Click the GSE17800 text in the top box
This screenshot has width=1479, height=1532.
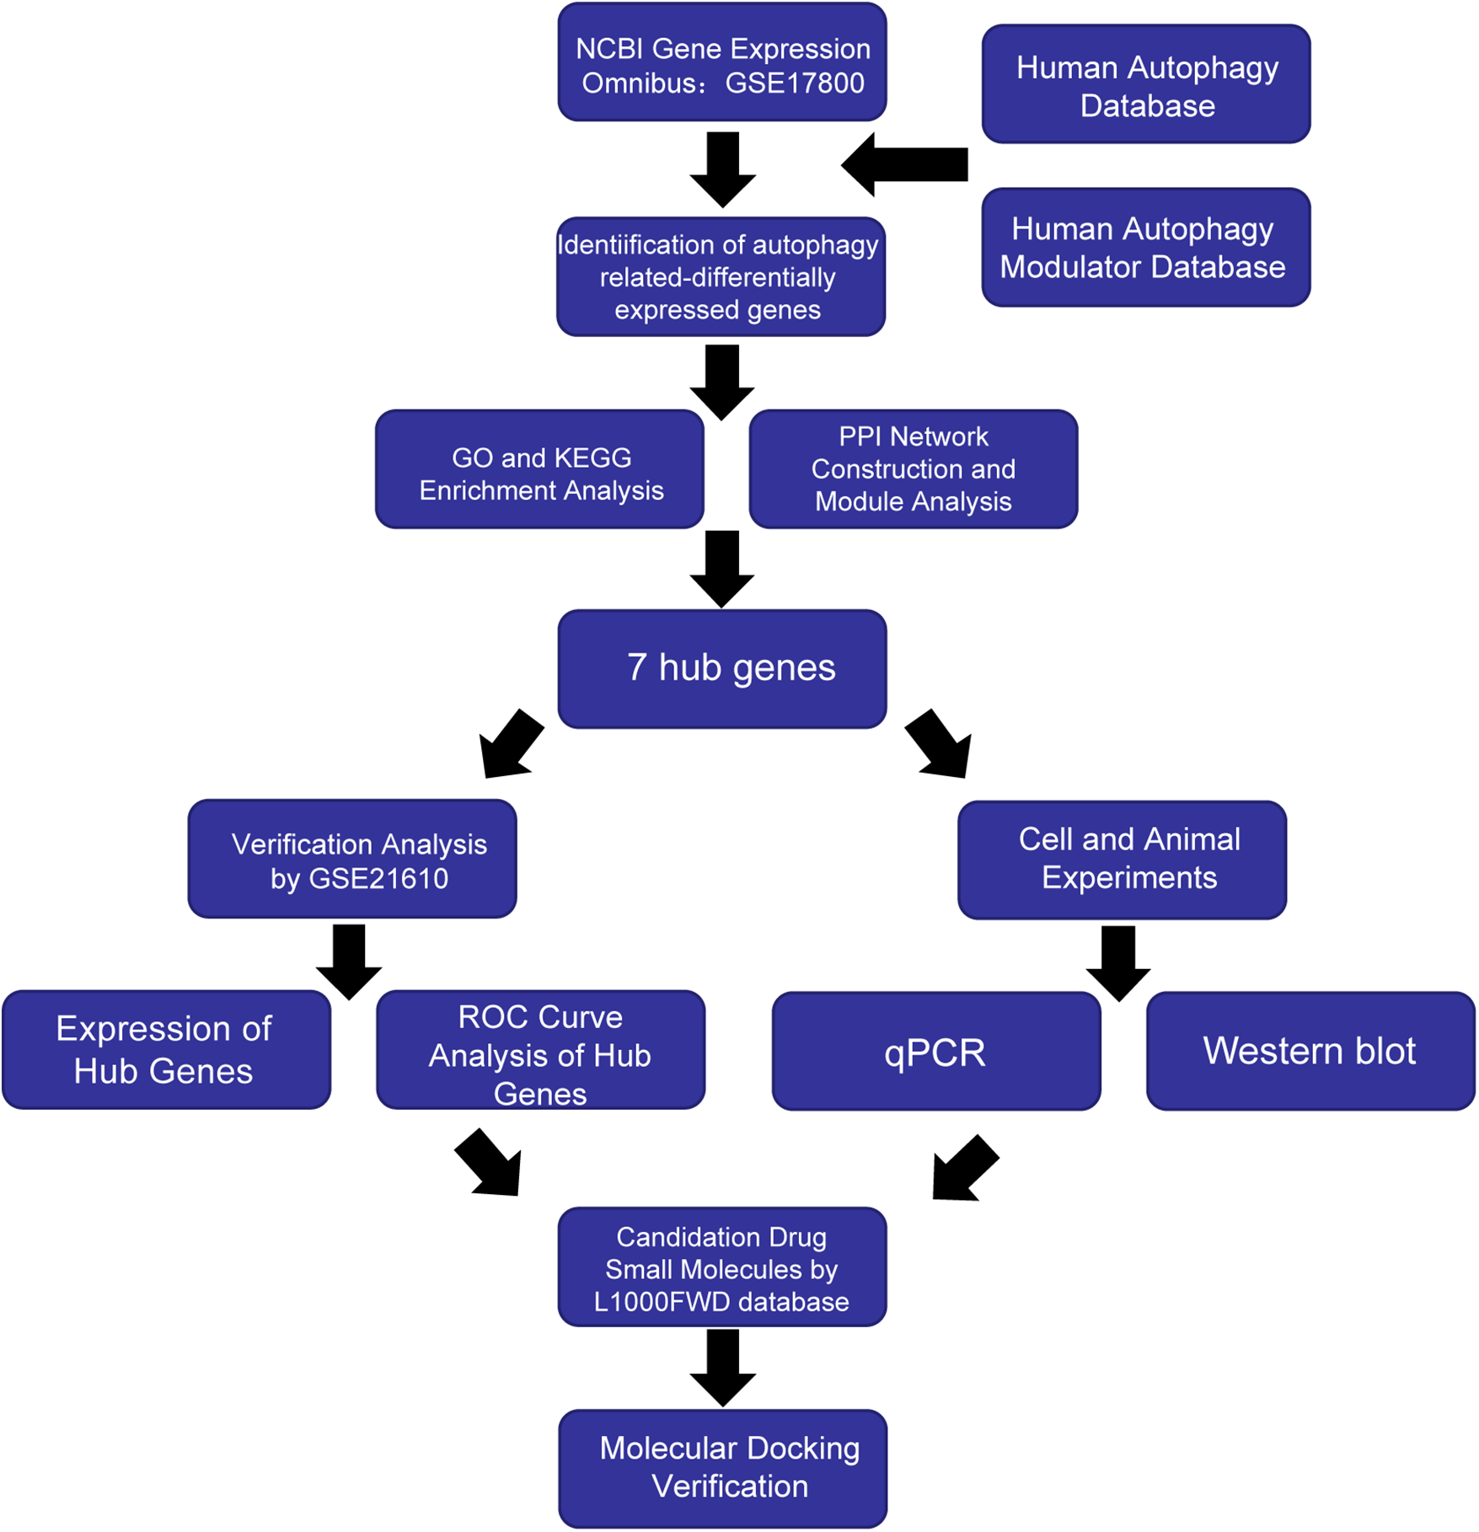pyautogui.click(x=795, y=83)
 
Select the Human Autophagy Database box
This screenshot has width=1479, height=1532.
pyautogui.click(x=1146, y=84)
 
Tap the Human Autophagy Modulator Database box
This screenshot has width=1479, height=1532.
pyautogui.click(x=1146, y=248)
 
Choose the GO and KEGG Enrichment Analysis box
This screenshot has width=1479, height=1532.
pyautogui.click(x=540, y=470)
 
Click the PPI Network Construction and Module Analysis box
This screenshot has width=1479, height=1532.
pyautogui.click(x=914, y=470)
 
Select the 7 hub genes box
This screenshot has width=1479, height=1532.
pyautogui.click(x=722, y=669)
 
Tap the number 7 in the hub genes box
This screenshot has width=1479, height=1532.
pyautogui.click(x=637, y=668)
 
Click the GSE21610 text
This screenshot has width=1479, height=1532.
pyautogui.click(x=378, y=879)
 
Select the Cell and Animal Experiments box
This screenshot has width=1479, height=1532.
pyautogui.click(x=1122, y=860)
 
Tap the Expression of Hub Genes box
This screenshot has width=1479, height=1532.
pyautogui.click(x=166, y=1050)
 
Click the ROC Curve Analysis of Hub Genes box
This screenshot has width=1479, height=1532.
pyautogui.click(x=540, y=1050)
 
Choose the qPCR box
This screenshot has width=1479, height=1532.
pyautogui.click(x=936, y=1052)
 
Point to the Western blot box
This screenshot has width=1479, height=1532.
pyautogui.click(x=1310, y=1052)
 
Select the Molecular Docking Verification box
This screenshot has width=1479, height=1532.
pyautogui.click(x=723, y=1468)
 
